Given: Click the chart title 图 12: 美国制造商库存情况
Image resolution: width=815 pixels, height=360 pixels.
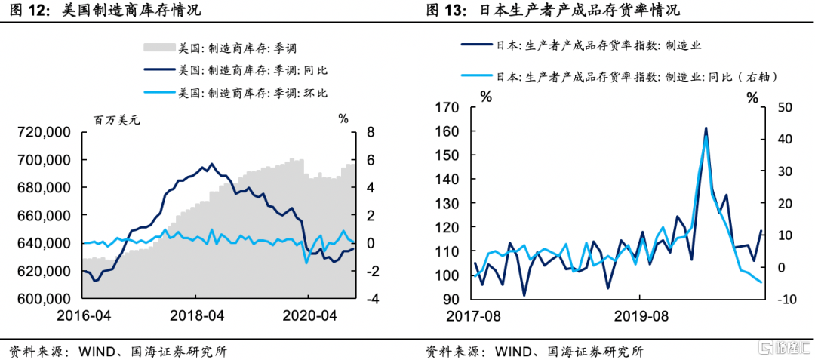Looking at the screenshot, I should [106, 11].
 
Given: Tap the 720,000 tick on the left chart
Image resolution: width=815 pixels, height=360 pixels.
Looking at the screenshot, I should [44, 133].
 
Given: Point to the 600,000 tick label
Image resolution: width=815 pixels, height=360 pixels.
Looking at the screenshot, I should [44, 299].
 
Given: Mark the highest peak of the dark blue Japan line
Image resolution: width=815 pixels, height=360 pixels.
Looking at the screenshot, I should [706, 128].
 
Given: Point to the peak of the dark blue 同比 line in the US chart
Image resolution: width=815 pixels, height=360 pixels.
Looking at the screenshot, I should [211, 163].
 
